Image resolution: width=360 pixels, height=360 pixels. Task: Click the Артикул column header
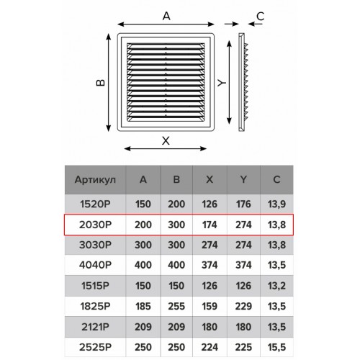click(95, 180)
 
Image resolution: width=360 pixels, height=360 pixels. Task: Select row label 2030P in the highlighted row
click(95, 225)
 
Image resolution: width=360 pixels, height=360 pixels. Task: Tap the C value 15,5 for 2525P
click(276, 347)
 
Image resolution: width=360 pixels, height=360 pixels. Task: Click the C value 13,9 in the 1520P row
click(276, 204)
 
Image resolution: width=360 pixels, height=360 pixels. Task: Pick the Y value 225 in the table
click(243, 347)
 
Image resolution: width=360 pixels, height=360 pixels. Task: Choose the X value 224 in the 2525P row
click(210, 347)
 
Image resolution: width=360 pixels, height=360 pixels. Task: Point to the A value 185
click(143, 306)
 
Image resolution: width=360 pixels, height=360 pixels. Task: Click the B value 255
click(176, 306)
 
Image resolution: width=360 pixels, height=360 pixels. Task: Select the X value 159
click(210, 306)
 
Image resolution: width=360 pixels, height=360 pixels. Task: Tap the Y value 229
click(243, 306)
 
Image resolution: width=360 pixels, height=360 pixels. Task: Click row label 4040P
click(95, 265)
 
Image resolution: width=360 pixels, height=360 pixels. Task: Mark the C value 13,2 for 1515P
click(276, 286)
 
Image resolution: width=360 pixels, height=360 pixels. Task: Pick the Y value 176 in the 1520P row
click(243, 204)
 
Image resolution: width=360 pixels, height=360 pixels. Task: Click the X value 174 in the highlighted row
click(210, 225)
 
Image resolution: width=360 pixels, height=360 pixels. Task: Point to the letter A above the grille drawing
click(166, 17)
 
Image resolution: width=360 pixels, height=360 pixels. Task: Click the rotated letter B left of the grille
click(101, 83)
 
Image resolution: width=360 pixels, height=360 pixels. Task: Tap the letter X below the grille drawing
click(166, 140)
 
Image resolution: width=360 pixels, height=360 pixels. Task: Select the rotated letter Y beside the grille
click(222, 83)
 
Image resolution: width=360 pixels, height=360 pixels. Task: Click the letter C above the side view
click(261, 17)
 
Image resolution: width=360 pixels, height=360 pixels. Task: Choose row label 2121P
click(95, 327)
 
